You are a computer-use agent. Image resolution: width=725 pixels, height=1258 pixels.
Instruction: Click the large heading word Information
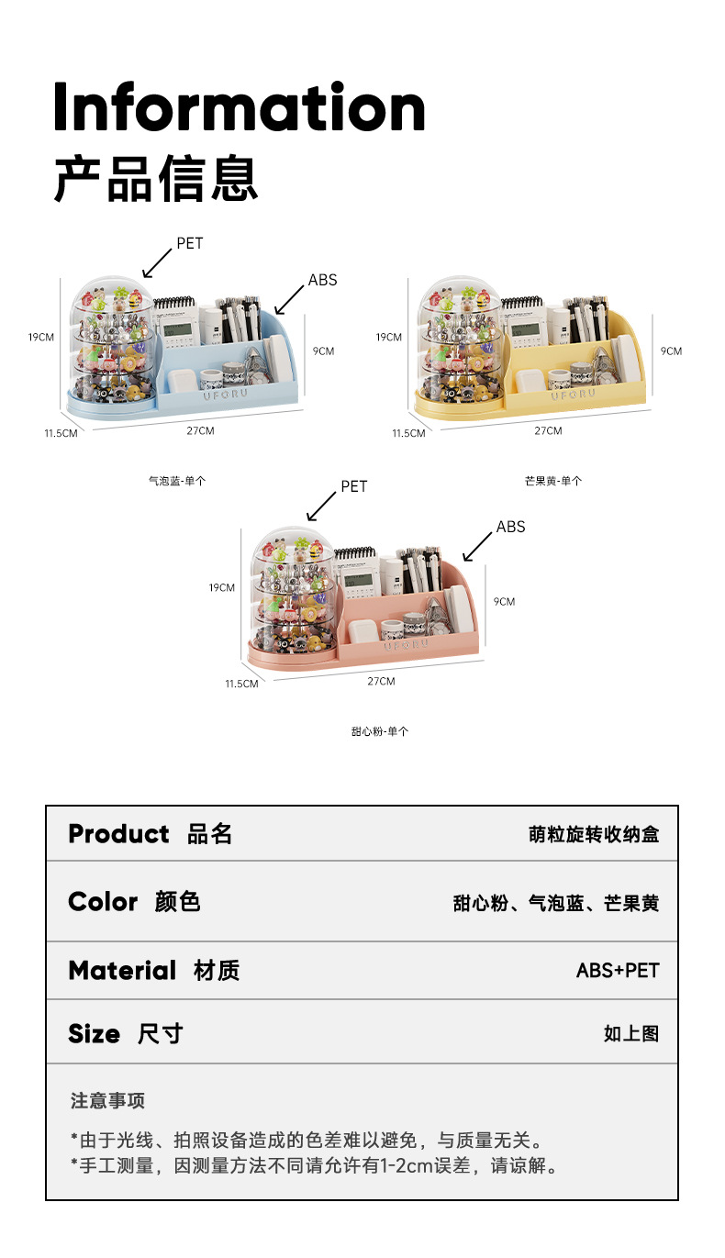pos(239,108)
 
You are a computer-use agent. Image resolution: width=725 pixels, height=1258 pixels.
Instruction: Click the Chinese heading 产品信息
pos(155,179)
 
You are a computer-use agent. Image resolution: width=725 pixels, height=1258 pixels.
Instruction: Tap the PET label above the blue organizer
pos(190,243)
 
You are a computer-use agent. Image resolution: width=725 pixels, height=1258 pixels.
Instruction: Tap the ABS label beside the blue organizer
pos(322,280)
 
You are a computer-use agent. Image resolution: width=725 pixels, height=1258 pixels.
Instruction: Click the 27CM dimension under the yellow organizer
pos(548,430)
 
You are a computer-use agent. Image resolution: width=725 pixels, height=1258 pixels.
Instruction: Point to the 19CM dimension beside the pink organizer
pos(222,587)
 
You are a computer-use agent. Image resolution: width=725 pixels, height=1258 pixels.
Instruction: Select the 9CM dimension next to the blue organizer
pos(323,351)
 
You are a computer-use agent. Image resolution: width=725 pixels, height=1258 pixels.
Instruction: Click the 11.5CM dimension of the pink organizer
pos(242,684)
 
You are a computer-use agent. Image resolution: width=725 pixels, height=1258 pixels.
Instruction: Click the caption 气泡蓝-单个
pos(177,480)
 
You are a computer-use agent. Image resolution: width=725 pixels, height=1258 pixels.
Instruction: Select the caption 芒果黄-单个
pos(553,480)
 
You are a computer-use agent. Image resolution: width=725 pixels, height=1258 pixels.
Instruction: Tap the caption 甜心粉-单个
pos(380,731)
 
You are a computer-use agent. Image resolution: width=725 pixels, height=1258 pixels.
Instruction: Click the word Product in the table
pos(118,834)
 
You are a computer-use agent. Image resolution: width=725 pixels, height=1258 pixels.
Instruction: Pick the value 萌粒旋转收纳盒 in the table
pos(594,835)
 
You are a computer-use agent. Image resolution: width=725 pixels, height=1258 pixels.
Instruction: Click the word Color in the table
pos(103,902)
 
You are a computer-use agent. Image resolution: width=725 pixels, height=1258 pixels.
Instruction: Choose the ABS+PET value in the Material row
pos(618,971)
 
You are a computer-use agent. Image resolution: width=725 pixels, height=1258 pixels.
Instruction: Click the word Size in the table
pos(94,1034)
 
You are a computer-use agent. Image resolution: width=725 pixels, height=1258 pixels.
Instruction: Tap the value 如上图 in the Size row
pos(631,1034)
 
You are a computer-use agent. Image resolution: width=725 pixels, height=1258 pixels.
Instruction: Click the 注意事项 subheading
pos(108,1101)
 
